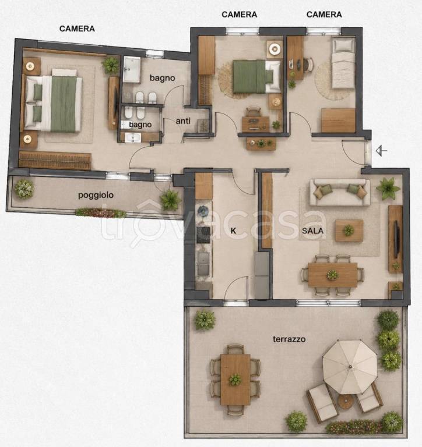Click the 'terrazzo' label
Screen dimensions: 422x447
point(289,339)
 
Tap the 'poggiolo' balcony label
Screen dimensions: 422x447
point(96,196)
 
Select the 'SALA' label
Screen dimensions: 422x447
point(312,230)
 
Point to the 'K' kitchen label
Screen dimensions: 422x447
point(233,230)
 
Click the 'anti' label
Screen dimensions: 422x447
point(183,121)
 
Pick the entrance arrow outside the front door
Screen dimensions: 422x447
point(381,151)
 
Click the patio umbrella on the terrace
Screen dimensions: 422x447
point(350,367)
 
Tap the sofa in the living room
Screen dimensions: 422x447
point(340,192)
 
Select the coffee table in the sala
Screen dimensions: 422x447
point(349,230)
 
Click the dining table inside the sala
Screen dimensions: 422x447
point(333,275)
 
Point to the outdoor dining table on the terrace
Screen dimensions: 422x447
point(235,379)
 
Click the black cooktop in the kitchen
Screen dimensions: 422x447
point(203,235)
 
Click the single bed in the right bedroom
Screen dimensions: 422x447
point(343,63)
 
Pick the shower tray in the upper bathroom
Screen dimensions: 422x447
point(132,70)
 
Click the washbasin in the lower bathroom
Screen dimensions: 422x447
point(133,138)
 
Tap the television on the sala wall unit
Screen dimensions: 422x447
point(396,239)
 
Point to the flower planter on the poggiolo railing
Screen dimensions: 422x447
point(101,213)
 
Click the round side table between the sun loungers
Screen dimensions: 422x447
point(346,402)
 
